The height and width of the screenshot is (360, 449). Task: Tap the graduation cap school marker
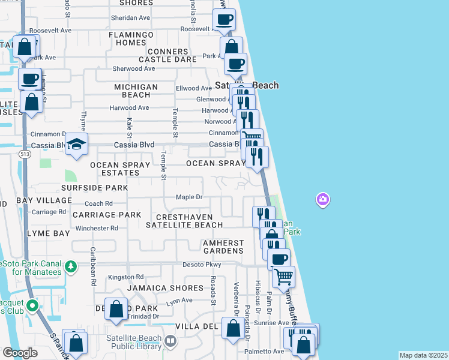(77, 144)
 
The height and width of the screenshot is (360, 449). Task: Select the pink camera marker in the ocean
(323, 199)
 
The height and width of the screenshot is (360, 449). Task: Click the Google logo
(20, 353)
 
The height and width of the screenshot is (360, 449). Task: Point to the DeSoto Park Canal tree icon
(71, 265)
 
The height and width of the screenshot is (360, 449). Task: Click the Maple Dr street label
(190, 197)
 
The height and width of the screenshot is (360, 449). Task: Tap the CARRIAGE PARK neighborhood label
(107, 214)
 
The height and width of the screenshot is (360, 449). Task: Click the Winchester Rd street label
(97, 228)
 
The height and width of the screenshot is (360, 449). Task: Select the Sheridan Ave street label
(130, 18)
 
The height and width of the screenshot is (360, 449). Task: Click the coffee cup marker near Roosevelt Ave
(224, 19)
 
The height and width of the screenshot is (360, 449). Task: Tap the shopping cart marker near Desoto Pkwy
(283, 277)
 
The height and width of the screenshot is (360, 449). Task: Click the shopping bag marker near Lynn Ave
(116, 309)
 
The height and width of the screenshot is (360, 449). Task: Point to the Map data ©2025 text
(423, 355)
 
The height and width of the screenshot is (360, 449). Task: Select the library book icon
(171, 341)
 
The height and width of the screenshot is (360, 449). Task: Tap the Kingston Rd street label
(126, 277)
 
